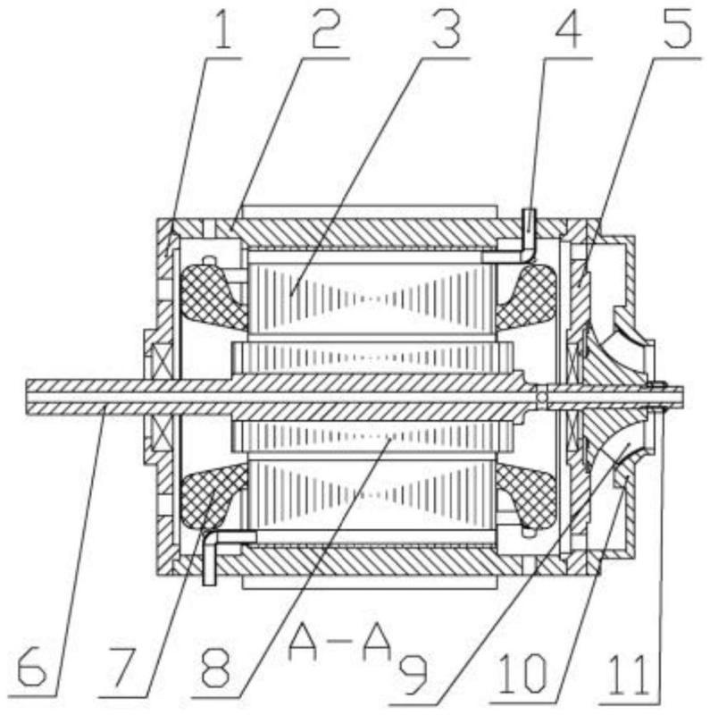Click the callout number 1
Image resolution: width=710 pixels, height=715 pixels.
point(222,30)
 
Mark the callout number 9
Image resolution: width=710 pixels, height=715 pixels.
point(413,677)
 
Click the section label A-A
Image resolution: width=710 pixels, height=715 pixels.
point(340,643)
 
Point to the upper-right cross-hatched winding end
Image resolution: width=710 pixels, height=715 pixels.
point(527,297)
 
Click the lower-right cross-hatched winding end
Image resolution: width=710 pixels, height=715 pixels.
point(527,496)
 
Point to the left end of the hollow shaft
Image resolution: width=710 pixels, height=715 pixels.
point(27,397)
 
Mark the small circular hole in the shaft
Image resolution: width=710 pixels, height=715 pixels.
point(541,397)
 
